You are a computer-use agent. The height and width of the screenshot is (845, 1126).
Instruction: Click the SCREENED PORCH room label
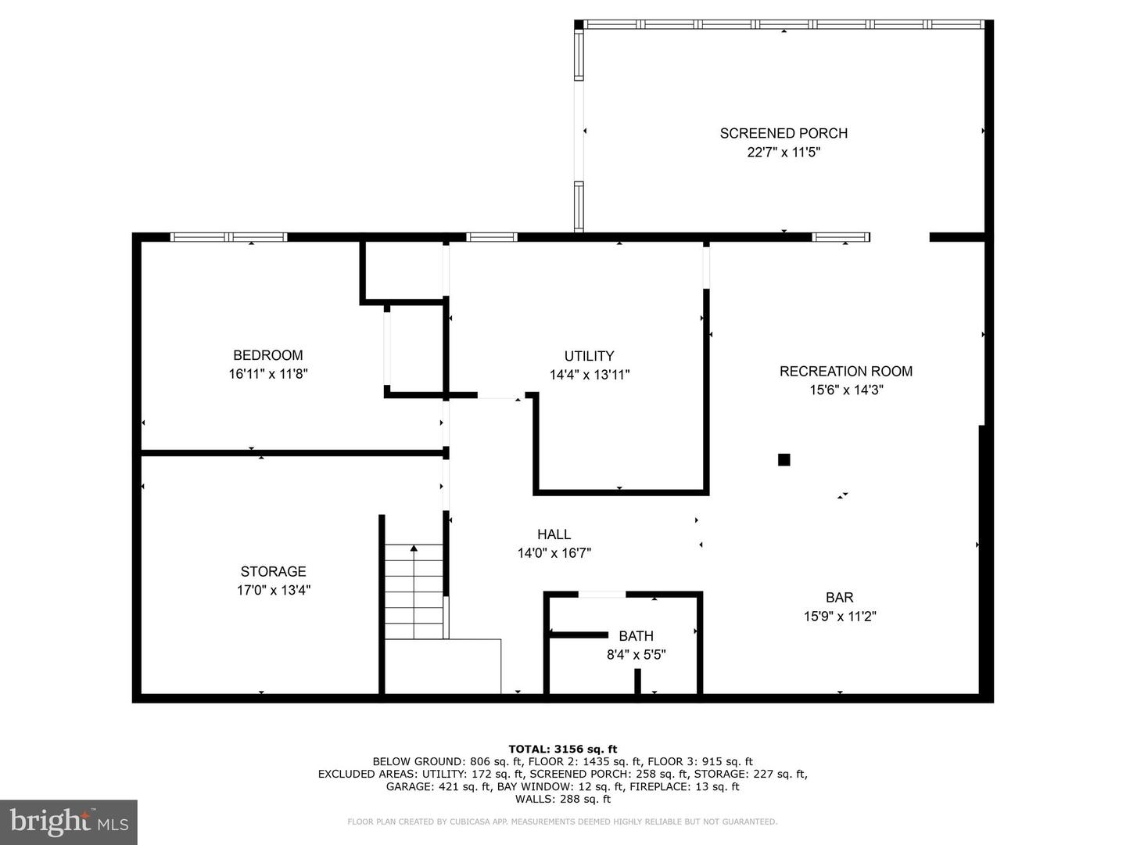tap(784, 133)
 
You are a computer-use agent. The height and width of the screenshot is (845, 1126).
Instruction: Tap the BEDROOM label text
tap(267, 355)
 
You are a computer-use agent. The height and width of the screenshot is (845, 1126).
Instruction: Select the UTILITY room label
tap(589, 356)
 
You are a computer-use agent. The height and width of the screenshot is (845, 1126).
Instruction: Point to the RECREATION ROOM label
tap(845, 371)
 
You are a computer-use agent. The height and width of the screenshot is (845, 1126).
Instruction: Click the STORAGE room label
tap(273, 571)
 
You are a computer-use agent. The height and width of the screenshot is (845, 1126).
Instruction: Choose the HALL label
tap(554, 534)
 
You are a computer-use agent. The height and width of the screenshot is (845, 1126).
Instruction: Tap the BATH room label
tap(636, 636)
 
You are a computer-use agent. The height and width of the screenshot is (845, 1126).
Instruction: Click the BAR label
tap(839, 598)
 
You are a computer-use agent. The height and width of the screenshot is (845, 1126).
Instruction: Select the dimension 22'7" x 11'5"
tap(784, 153)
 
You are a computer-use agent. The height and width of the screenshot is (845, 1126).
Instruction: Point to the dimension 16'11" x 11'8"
tap(267, 374)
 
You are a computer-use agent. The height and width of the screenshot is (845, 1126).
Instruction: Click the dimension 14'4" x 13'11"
tap(589, 375)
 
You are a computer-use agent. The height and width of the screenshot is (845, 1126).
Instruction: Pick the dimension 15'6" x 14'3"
tap(845, 390)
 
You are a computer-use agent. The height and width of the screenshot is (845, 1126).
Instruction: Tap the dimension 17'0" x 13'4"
tap(273, 590)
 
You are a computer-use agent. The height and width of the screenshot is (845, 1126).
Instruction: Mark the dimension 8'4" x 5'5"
tap(636, 655)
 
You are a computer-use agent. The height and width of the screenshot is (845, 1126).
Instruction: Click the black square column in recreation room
tap(784, 460)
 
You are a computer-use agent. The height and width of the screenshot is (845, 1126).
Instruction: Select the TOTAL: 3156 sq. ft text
tap(562, 749)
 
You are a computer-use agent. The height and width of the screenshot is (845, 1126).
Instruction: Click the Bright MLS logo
tap(69, 822)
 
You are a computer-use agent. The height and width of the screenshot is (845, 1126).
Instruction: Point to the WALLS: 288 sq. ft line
tap(562, 799)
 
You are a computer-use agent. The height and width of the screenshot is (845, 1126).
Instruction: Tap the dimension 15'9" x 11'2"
tap(839, 617)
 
